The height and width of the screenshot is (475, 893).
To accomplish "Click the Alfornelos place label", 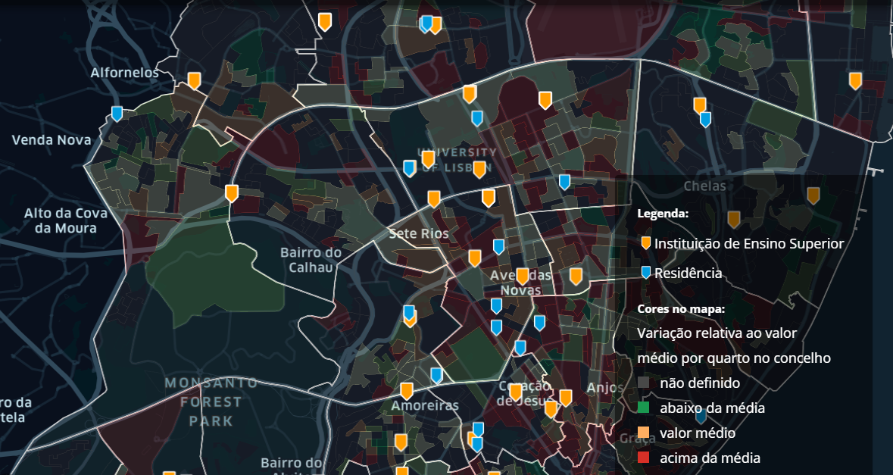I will (125, 73).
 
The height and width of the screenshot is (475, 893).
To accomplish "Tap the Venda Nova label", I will (52, 140).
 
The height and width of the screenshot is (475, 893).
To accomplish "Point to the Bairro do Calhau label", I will (311, 260).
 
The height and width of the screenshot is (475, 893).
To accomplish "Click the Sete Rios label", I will (419, 233).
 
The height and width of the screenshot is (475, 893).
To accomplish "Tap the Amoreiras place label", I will (425, 405).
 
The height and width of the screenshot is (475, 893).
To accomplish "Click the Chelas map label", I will (704, 186).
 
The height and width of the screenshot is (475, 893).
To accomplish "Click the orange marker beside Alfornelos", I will (194, 80).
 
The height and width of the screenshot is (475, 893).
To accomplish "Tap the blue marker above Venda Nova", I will (117, 113).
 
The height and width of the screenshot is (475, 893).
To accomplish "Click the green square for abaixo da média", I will (644, 408).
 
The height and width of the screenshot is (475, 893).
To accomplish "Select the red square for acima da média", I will (644, 458).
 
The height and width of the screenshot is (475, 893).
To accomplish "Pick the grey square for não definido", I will (644, 383).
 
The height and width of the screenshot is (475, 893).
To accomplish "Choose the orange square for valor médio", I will (644, 433).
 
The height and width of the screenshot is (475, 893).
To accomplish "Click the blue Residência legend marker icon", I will (645, 273).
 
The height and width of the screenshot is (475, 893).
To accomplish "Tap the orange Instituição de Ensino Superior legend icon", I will (645, 243).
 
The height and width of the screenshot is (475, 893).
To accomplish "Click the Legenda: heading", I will (663, 214).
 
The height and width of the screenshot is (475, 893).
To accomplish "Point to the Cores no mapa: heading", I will (681, 309).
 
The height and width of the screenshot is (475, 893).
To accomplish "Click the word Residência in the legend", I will (688, 273).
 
